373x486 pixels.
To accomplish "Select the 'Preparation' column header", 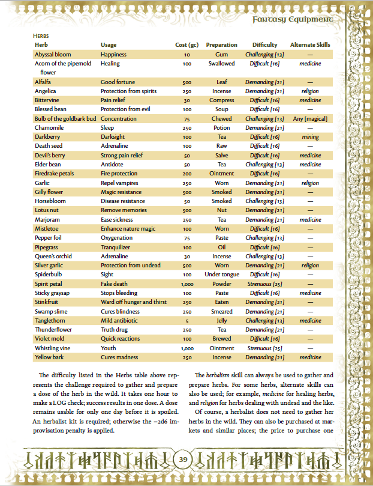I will coord(221,45).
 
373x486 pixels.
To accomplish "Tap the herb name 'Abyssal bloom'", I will coord(53,55).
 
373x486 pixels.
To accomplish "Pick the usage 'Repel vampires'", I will coord(119,183).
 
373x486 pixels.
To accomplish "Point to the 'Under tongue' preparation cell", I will coord(221,274).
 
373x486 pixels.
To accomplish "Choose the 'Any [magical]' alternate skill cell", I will coord(310,118).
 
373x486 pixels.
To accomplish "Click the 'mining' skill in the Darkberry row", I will coord(310,137).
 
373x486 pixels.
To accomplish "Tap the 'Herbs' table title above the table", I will coord(41,36).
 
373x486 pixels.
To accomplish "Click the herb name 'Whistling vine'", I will coord(55,347).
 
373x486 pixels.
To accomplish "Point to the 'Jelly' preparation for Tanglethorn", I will coord(221,320).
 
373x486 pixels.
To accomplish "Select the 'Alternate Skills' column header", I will coord(310,45).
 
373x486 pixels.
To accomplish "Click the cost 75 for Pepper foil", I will coord(187,237).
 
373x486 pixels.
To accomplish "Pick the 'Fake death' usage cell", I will coord(115,284).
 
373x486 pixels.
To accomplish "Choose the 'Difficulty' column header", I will coord(264,45).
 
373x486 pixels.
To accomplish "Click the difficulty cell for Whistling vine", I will coord(264,347).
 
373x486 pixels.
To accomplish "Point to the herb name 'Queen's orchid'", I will coord(54,256).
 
